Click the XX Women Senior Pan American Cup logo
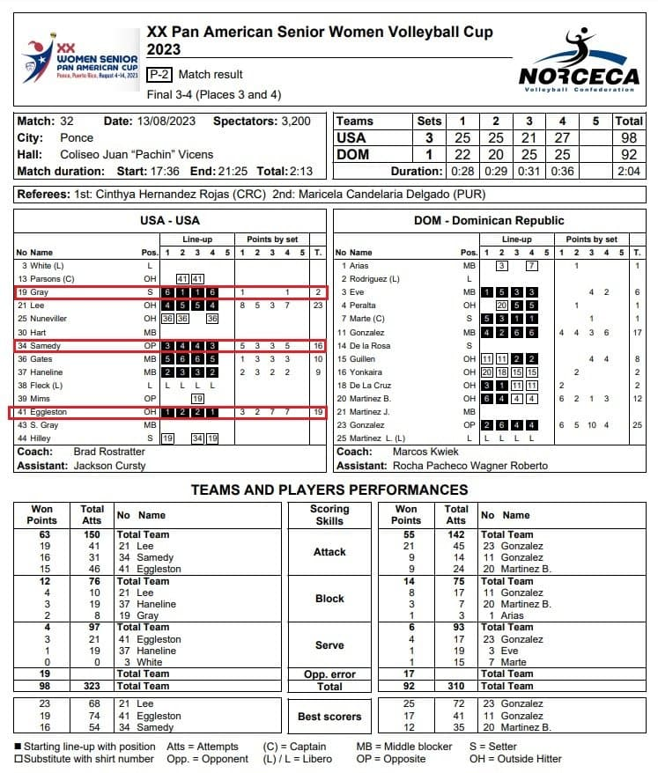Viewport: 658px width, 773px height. pyautogui.click(x=81, y=60)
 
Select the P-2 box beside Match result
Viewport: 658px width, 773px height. pyautogui.click(x=159, y=75)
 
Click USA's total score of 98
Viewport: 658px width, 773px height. pyautogui.click(x=629, y=138)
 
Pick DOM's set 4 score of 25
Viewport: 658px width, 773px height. pyautogui.click(x=561, y=154)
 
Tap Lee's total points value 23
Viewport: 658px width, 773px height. pyautogui.click(x=317, y=305)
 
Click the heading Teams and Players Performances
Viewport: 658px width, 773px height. pyautogui.click(x=329, y=490)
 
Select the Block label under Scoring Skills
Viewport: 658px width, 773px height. pyautogui.click(x=329, y=599)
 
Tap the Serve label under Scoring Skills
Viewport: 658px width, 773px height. pyautogui.click(x=329, y=645)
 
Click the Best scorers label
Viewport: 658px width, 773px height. pyautogui.click(x=329, y=717)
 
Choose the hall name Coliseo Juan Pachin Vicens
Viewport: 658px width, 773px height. pyautogui.click(x=137, y=154)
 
